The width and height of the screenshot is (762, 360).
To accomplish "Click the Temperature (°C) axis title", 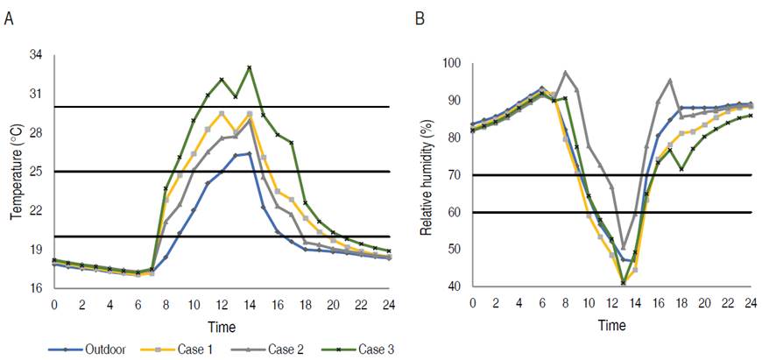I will (16, 169).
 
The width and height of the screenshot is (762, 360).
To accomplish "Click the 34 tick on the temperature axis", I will (36, 55).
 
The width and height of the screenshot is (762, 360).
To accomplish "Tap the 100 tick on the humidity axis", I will (451, 64).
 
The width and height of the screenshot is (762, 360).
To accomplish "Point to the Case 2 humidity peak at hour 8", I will (565, 72).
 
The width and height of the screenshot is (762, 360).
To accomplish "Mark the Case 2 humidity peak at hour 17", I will (670, 80).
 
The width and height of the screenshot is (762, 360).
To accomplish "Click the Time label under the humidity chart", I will (611, 324).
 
